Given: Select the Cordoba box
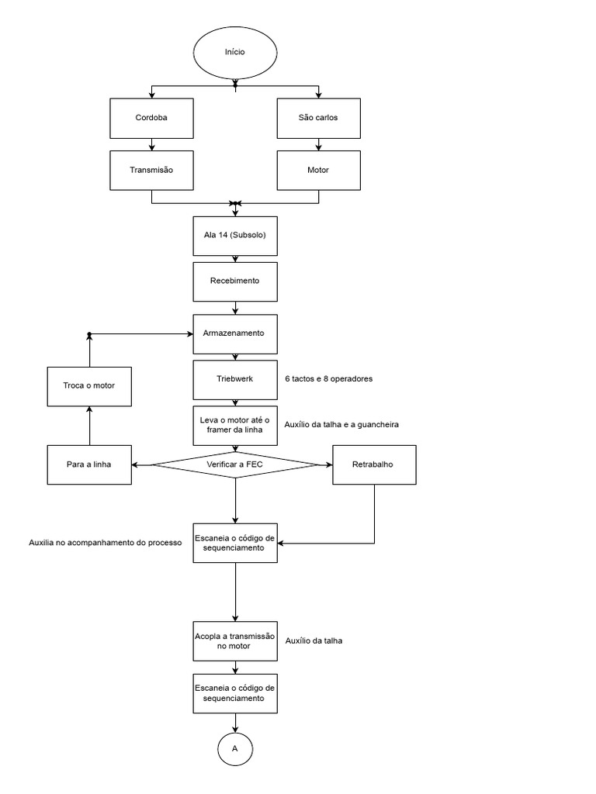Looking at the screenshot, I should click(x=151, y=119).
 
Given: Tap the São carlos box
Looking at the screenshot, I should click(x=318, y=119).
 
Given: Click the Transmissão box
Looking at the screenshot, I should click(x=151, y=169).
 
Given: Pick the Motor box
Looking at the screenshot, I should click(x=318, y=169).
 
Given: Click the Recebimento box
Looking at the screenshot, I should click(x=234, y=281).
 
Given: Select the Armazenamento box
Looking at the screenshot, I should click(x=234, y=333).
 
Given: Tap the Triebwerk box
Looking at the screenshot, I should click(x=234, y=380).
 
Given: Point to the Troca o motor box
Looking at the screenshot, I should click(x=89, y=385).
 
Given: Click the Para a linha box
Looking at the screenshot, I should click(x=89, y=464).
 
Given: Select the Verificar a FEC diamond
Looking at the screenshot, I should click(x=234, y=464).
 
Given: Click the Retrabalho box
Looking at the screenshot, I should click(x=375, y=464).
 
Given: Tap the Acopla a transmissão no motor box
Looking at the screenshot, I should click(x=234, y=640).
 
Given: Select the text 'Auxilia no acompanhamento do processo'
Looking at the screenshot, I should click(x=105, y=543).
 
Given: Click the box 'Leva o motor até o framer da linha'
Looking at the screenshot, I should click(x=234, y=425).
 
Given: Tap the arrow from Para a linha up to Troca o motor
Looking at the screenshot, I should click(x=89, y=426).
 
